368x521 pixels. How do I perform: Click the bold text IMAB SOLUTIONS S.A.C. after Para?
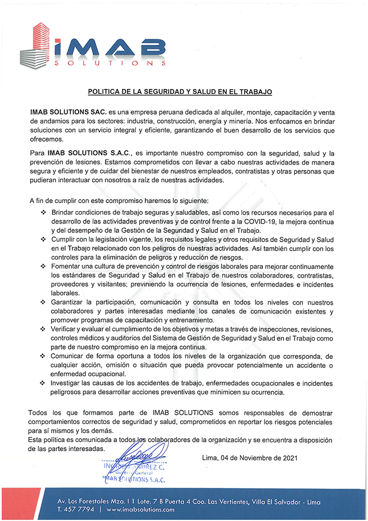[91, 154]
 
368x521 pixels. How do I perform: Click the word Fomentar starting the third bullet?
[67, 266]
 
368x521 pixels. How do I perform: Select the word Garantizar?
[69, 302]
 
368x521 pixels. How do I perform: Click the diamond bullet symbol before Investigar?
[43, 383]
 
